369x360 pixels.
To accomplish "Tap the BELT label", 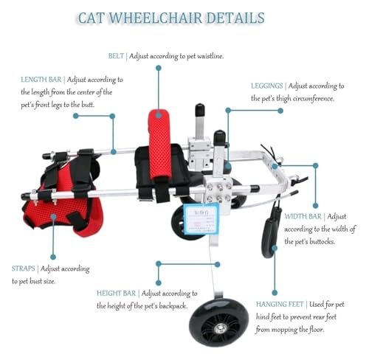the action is point(116,56).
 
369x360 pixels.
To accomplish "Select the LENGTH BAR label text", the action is point(41,80).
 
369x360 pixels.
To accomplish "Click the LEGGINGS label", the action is point(267,86).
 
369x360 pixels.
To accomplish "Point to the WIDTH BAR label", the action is point(303,216).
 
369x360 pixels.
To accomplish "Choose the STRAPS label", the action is point(23,269).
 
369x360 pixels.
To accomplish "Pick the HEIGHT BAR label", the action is point(116,293).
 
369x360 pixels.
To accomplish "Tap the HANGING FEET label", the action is point(280,305).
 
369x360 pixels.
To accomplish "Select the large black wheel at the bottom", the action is point(218,322).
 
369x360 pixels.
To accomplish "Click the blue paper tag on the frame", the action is point(201,219).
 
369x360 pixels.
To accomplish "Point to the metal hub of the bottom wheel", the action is point(220,328).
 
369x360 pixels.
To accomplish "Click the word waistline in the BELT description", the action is point(210,56).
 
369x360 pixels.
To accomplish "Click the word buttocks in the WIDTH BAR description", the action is point(323,242).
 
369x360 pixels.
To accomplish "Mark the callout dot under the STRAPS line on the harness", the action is point(53,217).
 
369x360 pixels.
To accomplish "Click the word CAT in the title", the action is point(91,18).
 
